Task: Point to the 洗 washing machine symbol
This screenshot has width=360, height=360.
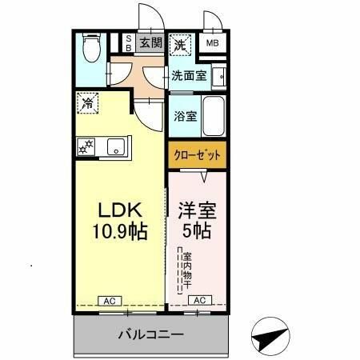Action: tap(182, 46)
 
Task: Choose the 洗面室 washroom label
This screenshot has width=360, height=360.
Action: tap(189, 76)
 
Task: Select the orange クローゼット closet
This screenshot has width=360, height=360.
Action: tap(197, 154)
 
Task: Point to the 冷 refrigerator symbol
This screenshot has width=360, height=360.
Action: tap(88, 103)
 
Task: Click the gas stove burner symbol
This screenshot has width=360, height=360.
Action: tap(86, 146)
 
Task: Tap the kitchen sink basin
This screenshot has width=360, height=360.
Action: tap(117, 147)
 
